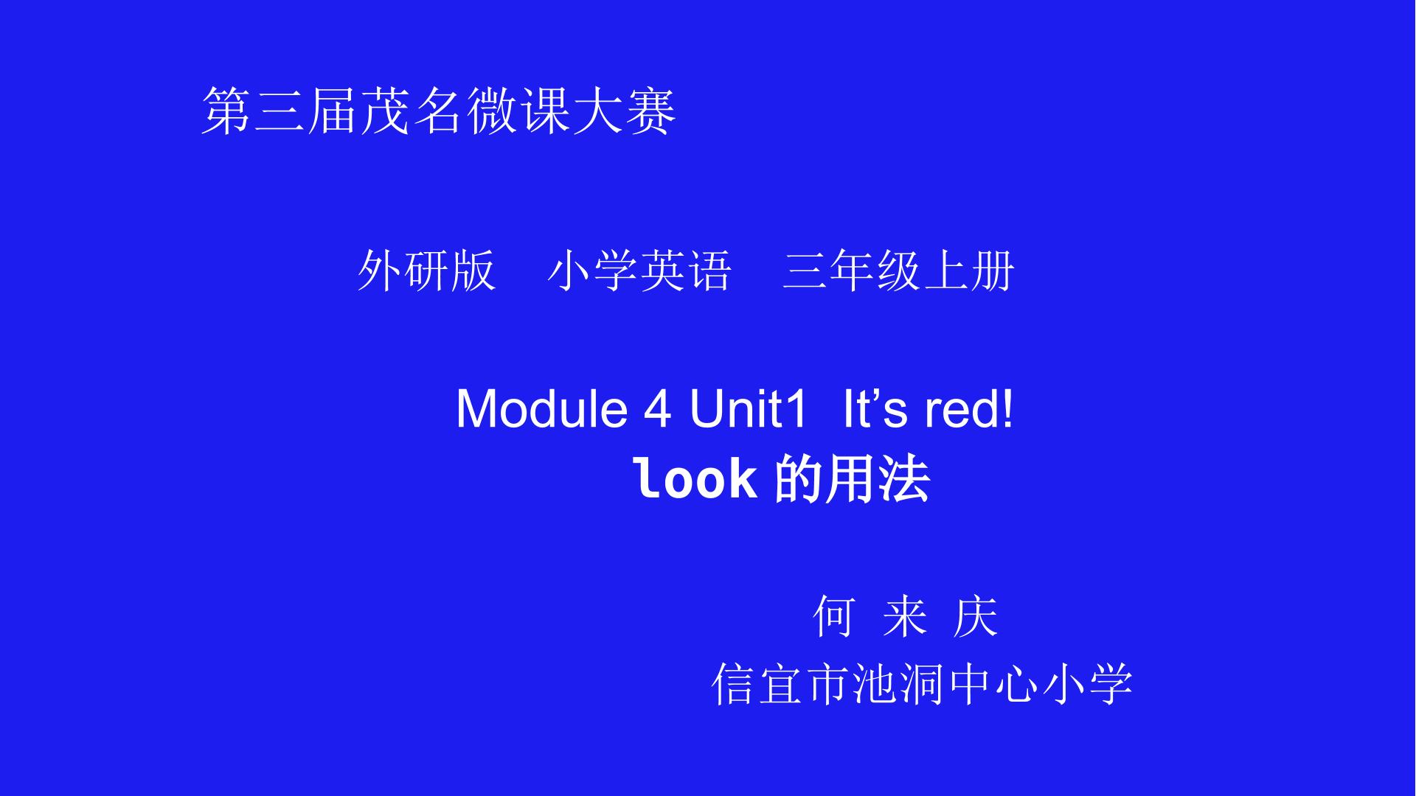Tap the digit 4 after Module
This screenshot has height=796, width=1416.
658,408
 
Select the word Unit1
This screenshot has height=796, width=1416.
749,408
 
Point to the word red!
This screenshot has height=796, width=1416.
969,408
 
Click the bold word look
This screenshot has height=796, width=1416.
695,478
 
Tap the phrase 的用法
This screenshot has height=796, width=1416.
853,479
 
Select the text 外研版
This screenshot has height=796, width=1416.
426,270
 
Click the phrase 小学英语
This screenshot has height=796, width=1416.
639,270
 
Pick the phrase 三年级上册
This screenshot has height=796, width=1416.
899,270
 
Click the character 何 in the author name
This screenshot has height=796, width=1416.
834,615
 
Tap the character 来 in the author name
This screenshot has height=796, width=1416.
905,615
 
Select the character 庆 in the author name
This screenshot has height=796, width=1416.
976,615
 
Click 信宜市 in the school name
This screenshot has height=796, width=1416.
781,684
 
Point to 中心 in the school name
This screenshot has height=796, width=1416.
993,684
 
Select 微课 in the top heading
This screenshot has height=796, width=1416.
518,111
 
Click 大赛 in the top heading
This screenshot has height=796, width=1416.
624,111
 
